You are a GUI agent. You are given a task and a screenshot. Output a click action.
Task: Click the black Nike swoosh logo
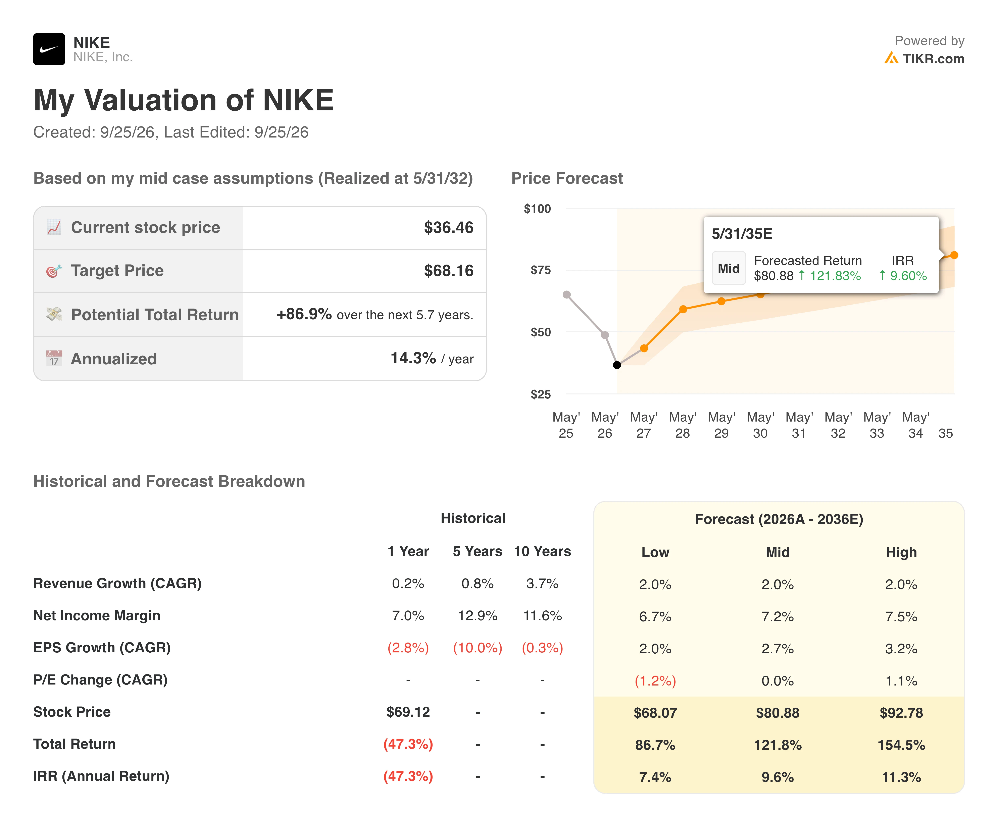(x=49, y=49)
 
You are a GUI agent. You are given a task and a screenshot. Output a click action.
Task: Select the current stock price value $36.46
(x=448, y=227)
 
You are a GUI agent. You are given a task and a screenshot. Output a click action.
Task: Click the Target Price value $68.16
(x=448, y=271)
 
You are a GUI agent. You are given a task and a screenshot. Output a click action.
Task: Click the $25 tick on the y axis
(x=541, y=394)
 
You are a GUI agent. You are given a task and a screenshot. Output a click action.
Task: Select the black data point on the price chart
(x=617, y=365)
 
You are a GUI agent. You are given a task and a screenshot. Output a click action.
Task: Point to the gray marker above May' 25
(x=567, y=294)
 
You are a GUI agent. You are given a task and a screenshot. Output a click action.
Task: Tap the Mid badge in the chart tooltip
(x=729, y=268)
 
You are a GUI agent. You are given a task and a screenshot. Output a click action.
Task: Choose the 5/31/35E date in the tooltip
(x=742, y=234)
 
